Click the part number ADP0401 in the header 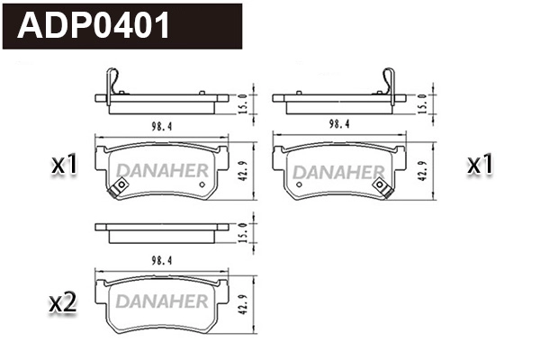(94, 26)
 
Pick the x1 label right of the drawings (480, 165)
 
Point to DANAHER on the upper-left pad (162, 169)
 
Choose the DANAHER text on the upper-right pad (340, 169)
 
